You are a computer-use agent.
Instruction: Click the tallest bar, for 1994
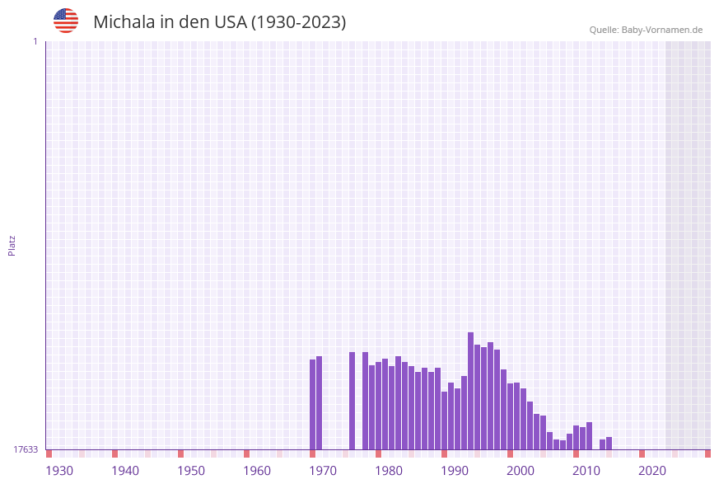[470, 391]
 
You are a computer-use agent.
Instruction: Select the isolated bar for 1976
[352, 401]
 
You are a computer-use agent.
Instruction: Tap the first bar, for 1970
[312, 404]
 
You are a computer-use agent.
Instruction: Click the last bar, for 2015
[609, 443]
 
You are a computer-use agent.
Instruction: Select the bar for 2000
[510, 416]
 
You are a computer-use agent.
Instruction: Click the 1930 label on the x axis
[59, 471]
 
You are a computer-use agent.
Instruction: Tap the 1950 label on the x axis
[191, 471]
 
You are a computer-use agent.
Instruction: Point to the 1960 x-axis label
[257, 471]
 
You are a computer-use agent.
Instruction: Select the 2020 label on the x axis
[652, 471]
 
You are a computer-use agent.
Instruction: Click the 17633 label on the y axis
[26, 449]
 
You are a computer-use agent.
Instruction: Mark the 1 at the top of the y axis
[35, 41]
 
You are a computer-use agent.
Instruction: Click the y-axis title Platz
[12, 245]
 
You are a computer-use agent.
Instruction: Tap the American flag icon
[66, 21]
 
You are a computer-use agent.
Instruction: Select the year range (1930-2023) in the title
[298, 22]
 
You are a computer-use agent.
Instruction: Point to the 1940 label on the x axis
[125, 471]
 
